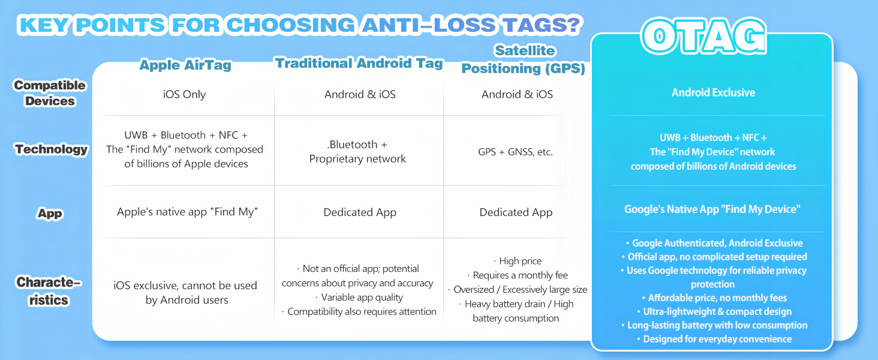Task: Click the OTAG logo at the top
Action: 703,36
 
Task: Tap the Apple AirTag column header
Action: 185,65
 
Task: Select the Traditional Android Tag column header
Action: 359,63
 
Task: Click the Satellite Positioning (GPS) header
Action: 524,59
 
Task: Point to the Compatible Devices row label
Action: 49,93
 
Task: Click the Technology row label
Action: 51,149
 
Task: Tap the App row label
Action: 50,214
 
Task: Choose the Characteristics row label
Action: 49,291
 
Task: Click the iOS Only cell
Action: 184,95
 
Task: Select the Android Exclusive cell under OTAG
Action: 714,92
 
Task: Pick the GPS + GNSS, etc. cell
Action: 515,152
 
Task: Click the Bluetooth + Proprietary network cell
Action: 357,152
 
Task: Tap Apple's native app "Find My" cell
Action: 187,212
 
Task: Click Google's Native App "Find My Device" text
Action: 712,209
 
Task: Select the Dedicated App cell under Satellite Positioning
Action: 516,212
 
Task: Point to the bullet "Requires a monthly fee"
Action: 518,275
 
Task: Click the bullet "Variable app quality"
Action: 359,297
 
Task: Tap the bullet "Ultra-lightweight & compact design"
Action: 714,311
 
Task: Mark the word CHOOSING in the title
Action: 291,25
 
